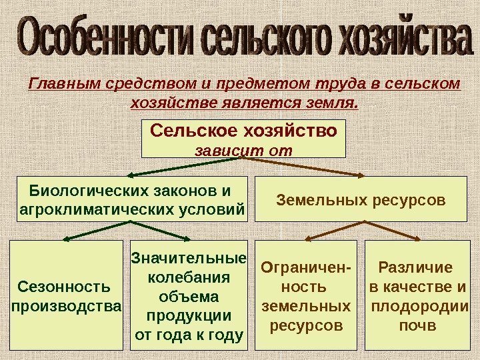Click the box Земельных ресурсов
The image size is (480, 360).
click(361, 199)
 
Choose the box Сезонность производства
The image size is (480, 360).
click(67, 295)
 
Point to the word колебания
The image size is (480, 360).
click(189, 277)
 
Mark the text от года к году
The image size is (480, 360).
click(189, 334)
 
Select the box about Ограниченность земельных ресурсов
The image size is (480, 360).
click(307, 295)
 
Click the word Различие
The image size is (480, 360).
click(415, 268)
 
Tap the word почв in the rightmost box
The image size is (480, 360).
click(417, 327)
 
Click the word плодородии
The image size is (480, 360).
click(418, 307)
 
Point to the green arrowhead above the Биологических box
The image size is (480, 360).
click(128, 176)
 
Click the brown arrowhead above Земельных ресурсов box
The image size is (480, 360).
click(361, 176)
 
